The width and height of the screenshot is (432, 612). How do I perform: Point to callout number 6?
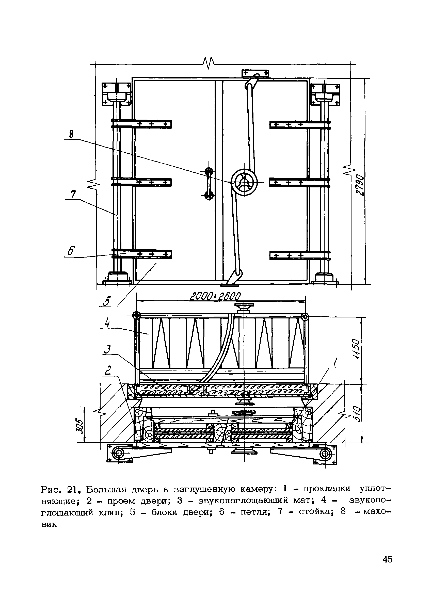click(71, 251)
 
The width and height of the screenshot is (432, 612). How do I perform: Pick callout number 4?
click(107, 324)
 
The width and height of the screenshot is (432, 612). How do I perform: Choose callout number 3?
click(107, 350)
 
